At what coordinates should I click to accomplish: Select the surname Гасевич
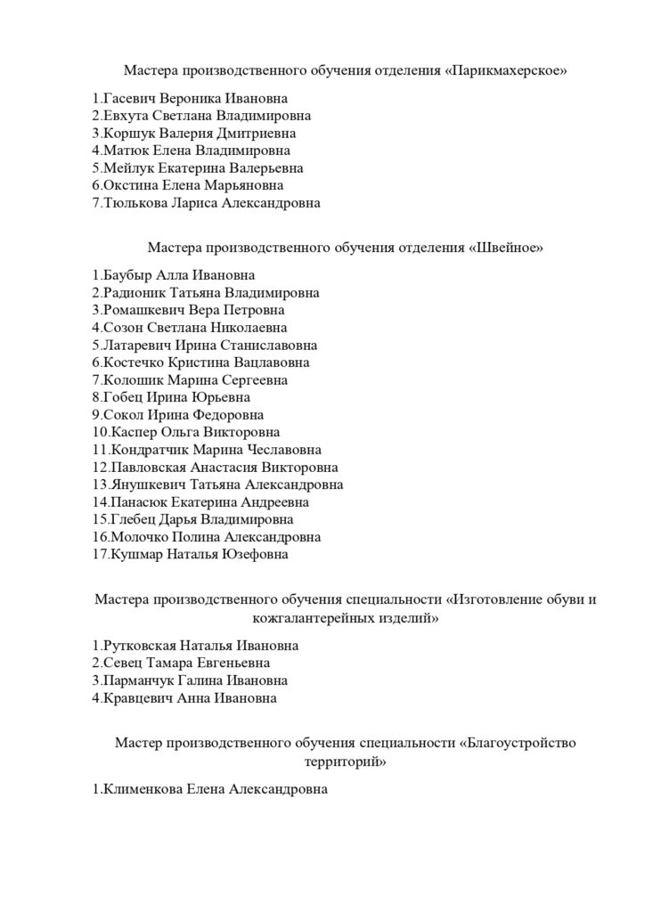pos(133,99)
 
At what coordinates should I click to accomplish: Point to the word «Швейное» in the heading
pos(504,247)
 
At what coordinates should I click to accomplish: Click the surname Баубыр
pos(128,276)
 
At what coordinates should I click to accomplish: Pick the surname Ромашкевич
pos(143,311)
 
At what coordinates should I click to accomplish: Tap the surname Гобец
pos(126,397)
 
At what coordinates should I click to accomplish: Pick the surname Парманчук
pos(140,680)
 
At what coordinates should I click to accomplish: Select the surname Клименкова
pos(143,790)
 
